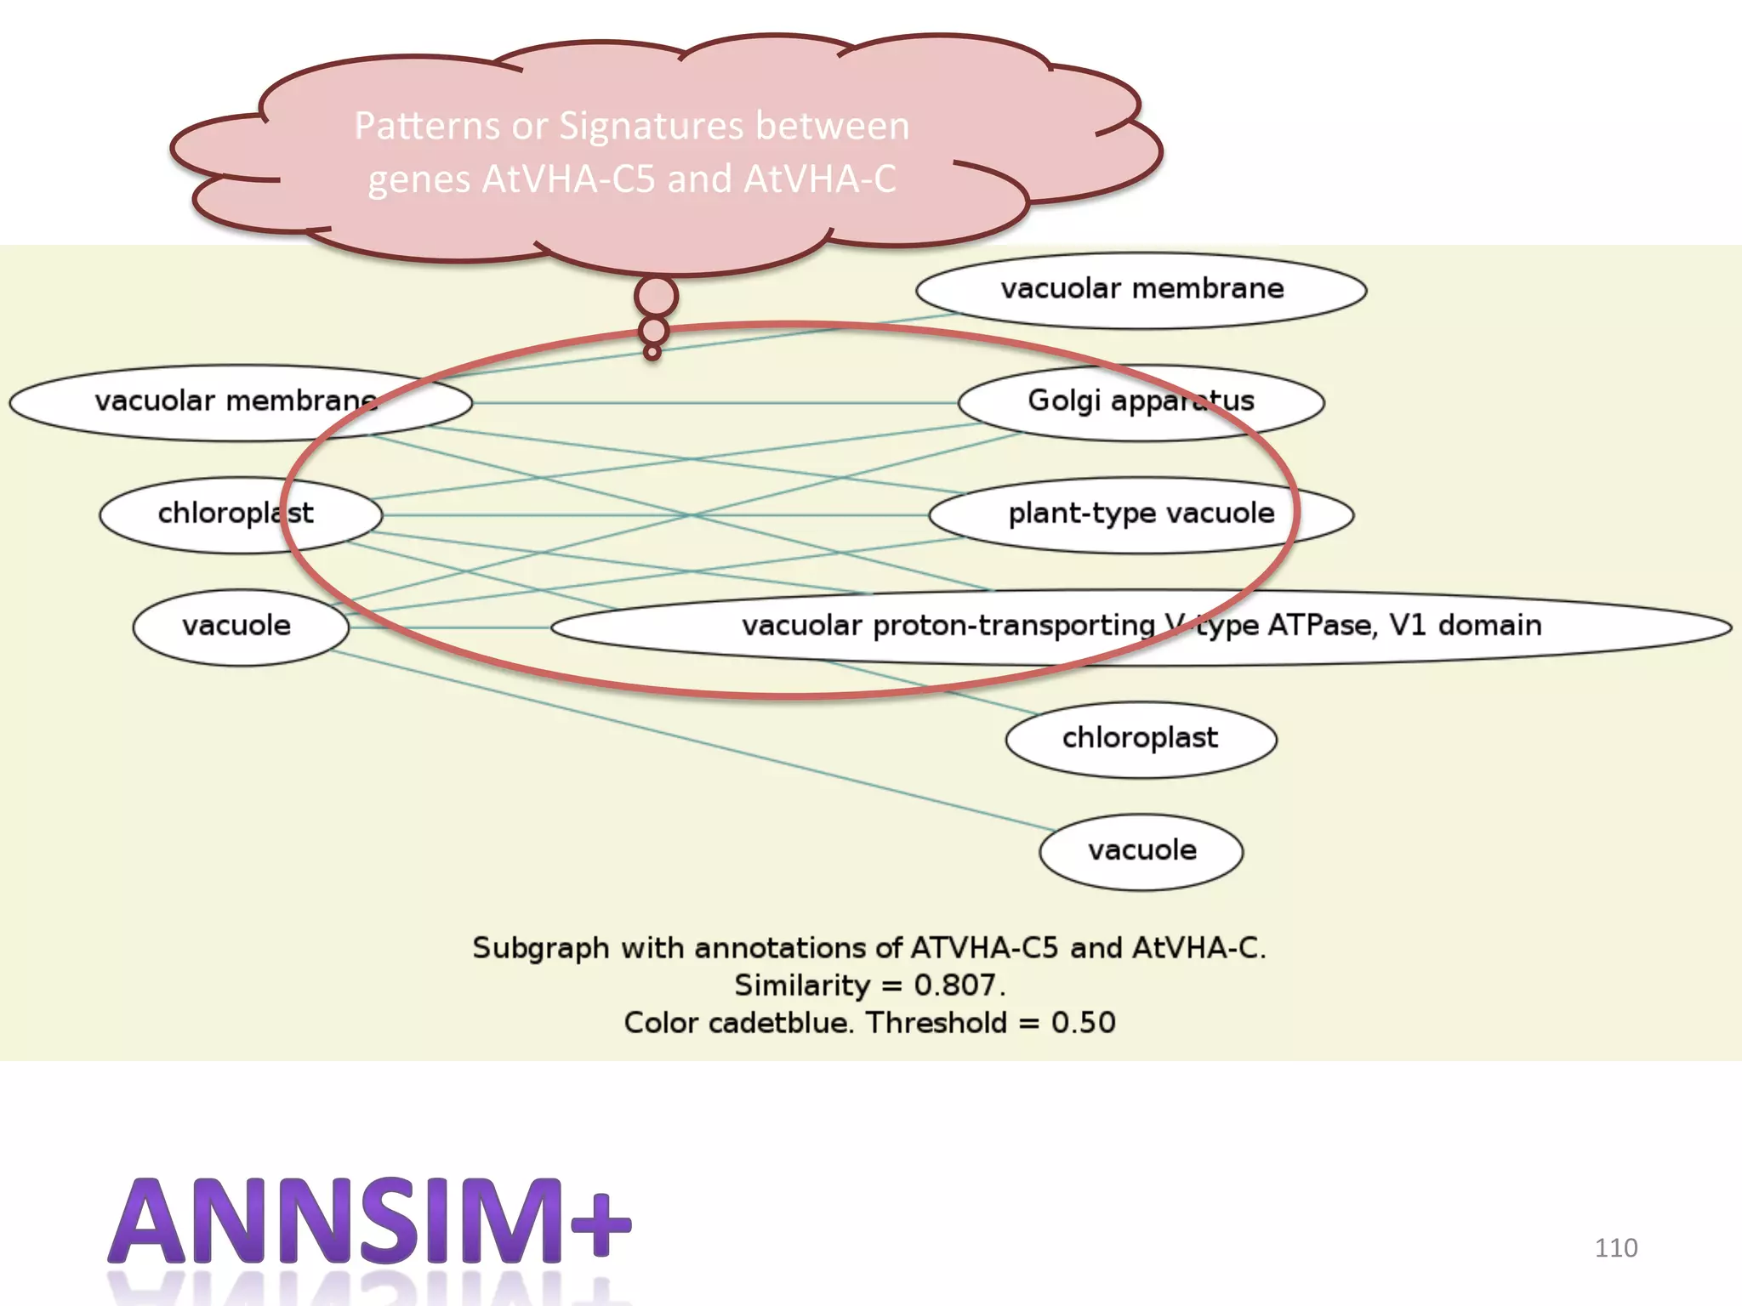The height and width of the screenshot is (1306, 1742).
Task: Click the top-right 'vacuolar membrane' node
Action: [x=1141, y=290]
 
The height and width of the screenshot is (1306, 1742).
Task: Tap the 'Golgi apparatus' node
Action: [x=1141, y=401]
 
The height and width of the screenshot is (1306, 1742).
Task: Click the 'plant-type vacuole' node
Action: [x=1141, y=514]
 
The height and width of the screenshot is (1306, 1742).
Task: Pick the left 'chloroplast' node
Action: [x=236, y=514]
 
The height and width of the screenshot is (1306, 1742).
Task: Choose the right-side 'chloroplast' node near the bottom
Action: [x=1141, y=738]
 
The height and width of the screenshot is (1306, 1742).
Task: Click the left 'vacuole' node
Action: [x=236, y=626]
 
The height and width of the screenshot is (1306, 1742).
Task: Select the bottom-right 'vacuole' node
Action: [x=1141, y=850]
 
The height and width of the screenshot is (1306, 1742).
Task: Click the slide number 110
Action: [x=1615, y=1247]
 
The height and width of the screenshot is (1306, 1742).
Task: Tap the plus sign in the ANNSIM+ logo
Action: [x=601, y=1224]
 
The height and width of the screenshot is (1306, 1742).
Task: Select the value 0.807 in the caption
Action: [x=956, y=985]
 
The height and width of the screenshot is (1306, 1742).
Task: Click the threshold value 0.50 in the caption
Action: [x=1083, y=1023]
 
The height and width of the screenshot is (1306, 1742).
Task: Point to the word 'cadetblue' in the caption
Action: [x=779, y=1023]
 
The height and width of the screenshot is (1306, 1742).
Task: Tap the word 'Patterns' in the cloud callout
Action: [x=427, y=126]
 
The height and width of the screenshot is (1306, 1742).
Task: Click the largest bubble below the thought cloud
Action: [x=656, y=297]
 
